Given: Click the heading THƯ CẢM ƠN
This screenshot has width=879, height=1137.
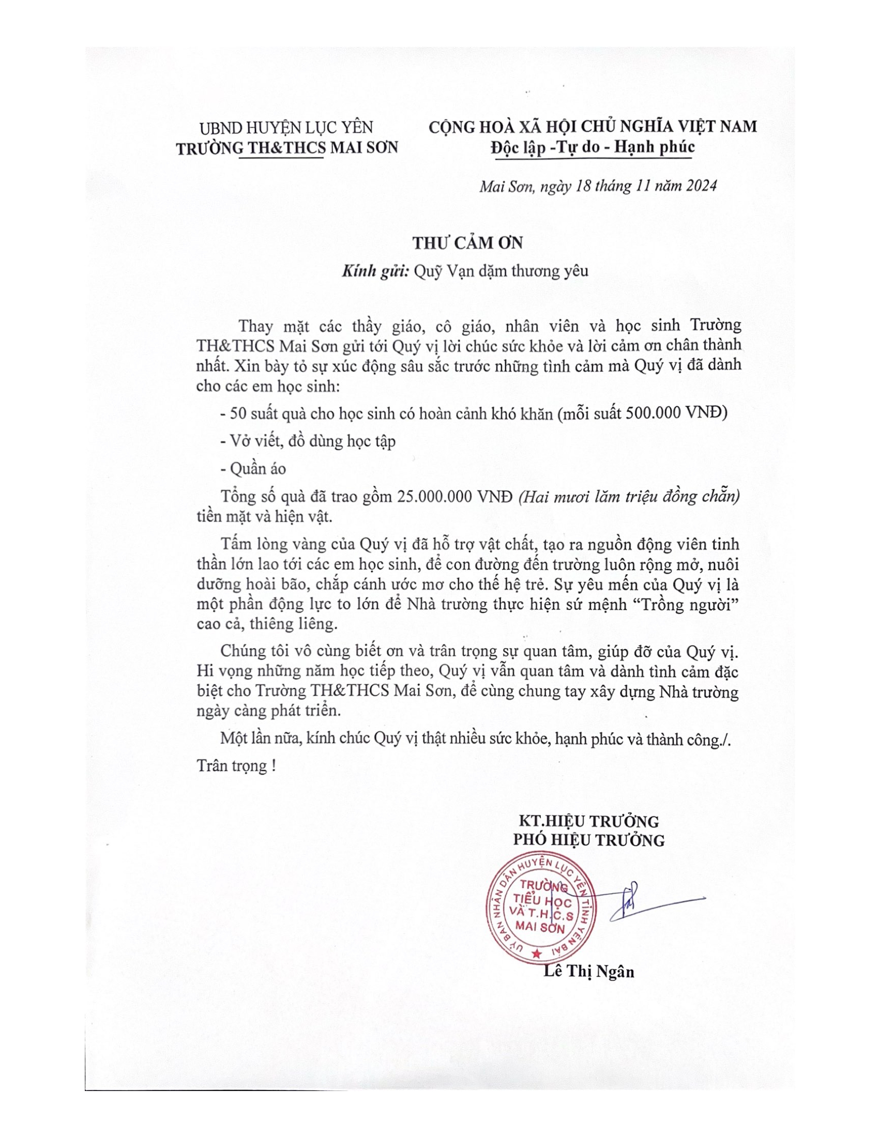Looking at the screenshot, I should click(x=467, y=243).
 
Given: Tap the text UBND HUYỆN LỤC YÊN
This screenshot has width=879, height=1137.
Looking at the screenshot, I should click(x=286, y=128).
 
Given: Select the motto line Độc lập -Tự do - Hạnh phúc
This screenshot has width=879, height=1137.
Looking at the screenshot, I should click(x=593, y=147).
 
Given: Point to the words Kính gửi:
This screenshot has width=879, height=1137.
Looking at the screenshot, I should click(x=375, y=271).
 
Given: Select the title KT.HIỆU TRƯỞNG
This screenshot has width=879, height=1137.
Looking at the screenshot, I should click(x=588, y=821).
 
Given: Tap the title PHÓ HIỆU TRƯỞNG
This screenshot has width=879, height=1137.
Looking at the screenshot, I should click(x=588, y=840).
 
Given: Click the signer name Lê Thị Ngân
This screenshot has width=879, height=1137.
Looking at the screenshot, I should click(x=588, y=972).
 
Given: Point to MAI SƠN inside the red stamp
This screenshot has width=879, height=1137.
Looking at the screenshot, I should click(x=539, y=928).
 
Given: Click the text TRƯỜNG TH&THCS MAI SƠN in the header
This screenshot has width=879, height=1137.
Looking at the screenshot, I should click(x=286, y=148).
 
